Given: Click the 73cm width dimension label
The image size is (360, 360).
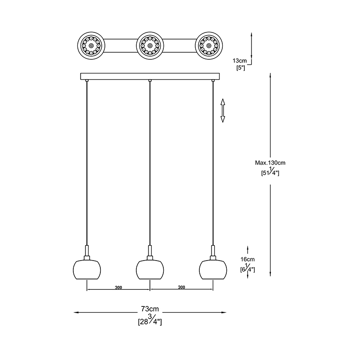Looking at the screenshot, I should tap(150, 309).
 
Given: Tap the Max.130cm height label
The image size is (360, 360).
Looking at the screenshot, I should tap(270, 162).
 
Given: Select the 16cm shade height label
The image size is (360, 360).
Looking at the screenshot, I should tap(247, 259).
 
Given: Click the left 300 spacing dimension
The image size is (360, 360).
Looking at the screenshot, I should tap(119, 287).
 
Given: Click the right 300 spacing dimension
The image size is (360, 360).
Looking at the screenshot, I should tap(181, 287).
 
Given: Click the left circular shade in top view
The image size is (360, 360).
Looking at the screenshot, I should tap(91, 46).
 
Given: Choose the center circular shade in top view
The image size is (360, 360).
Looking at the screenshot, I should tap(150, 46).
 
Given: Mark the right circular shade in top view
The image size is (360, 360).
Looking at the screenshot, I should tap(210, 46).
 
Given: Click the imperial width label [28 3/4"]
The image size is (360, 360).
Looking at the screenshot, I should tap(150, 320).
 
